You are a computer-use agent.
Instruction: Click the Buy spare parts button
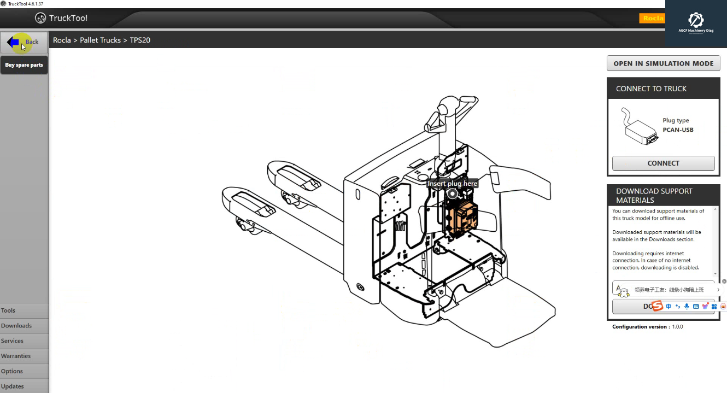(24, 65)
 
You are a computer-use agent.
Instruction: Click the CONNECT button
(663, 163)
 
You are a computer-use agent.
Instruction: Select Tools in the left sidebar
(8, 310)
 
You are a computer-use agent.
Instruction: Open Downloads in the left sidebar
(16, 326)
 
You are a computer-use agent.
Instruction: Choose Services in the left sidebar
(12, 341)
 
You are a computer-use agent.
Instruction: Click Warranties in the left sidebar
(16, 356)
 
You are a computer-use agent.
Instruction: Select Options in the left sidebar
(12, 371)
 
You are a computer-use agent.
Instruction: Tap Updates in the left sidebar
(13, 386)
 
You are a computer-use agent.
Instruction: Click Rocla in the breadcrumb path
(62, 40)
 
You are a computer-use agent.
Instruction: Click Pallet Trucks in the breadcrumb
(100, 40)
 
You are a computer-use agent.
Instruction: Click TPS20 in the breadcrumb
(140, 40)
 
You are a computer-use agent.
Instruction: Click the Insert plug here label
(453, 184)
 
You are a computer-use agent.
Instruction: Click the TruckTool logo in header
(61, 18)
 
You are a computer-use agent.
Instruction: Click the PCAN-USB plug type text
(678, 130)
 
